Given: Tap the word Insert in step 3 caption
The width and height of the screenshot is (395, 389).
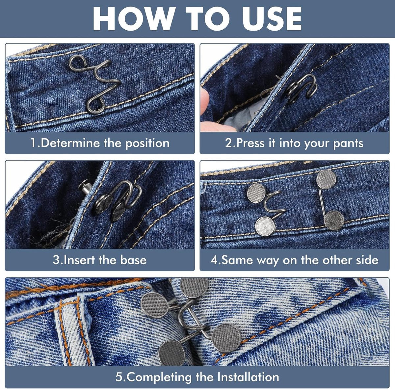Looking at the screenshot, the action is pos(79,260).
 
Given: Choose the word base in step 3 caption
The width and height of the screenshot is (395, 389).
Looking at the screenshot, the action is pos(133,260).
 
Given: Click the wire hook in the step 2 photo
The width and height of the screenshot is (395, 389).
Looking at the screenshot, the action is pos(301,88).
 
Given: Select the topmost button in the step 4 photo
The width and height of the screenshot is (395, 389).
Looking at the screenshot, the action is pos(326,179).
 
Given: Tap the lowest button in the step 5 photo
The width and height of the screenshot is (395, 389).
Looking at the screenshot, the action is pos(172,353).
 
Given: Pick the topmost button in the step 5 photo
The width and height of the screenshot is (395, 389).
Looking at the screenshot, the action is pos(194,287).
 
